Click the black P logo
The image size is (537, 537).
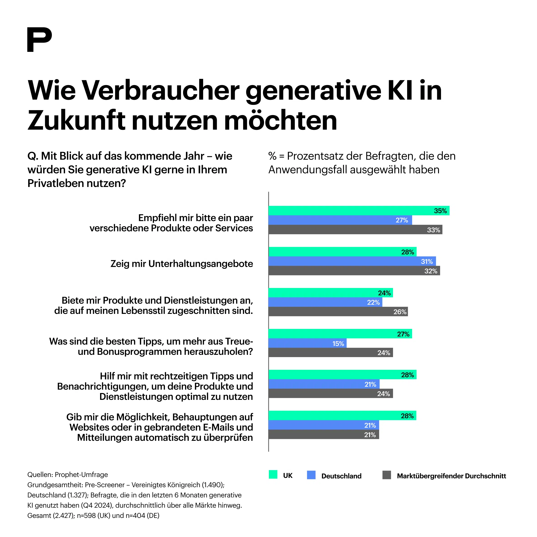click(x=39, y=40)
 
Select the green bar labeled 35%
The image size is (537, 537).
click(x=358, y=211)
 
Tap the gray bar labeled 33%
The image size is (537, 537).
click(x=355, y=229)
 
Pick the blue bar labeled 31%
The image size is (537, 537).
click(x=352, y=261)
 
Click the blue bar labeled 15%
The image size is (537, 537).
click(x=307, y=343)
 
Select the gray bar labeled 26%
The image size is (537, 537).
click(x=338, y=312)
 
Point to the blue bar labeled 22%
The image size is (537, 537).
click(x=325, y=302)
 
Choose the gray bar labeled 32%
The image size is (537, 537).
click(x=354, y=271)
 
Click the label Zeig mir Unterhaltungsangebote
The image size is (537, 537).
click(x=182, y=264)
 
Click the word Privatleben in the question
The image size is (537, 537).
click(x=55, y=183)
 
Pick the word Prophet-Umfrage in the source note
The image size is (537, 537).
click(x=81, y=474)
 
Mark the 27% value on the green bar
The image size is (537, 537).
click(x=403, y=334)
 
